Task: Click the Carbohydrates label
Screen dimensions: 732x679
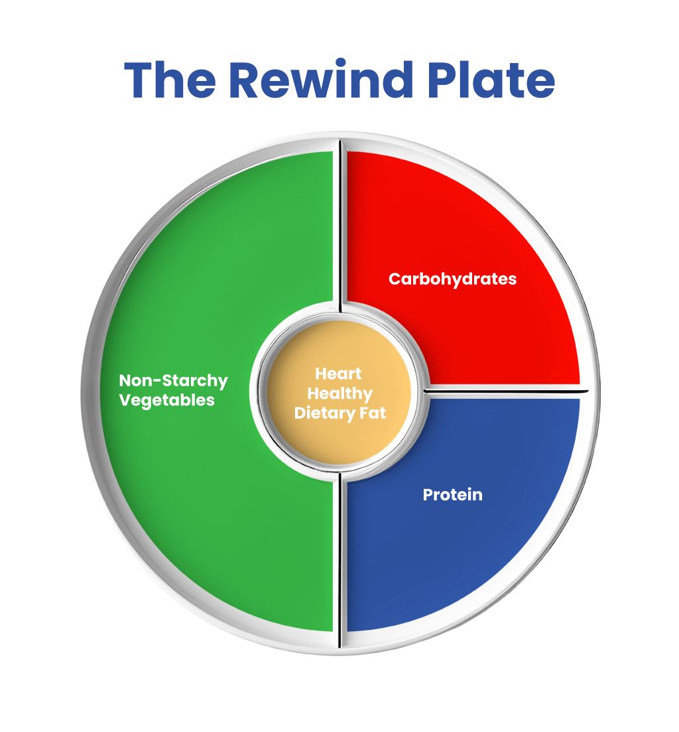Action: click(x=452, y=279)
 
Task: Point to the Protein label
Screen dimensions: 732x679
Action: click(x=452, y=494)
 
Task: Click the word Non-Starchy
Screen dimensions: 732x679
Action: click(x=173, y=381)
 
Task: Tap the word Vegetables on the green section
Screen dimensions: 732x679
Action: click(x=166, y=400)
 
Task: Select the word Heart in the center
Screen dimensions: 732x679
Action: click(x=338, y=374)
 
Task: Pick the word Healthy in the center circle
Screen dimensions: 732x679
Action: click(x=339, y=394)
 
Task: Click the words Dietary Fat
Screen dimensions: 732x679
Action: click(x=339, y=413)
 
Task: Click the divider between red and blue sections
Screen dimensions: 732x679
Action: click(x=504, y=392)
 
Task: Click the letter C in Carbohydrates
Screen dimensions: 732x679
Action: click(x=394, y=279)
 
